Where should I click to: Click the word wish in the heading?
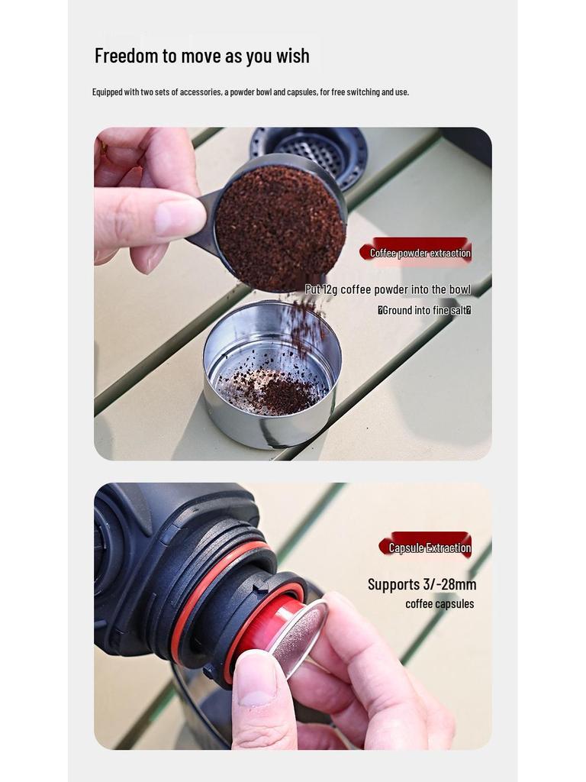tap(293, 55)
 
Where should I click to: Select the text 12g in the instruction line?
tap(330, 289)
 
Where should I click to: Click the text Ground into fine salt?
tap(425, 310)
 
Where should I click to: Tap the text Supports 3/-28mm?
tap(421, 584)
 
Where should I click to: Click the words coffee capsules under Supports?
tap(439, 604)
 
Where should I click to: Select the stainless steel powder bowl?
tap(272, 374)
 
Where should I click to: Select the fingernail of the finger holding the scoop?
tap(179, 218)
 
